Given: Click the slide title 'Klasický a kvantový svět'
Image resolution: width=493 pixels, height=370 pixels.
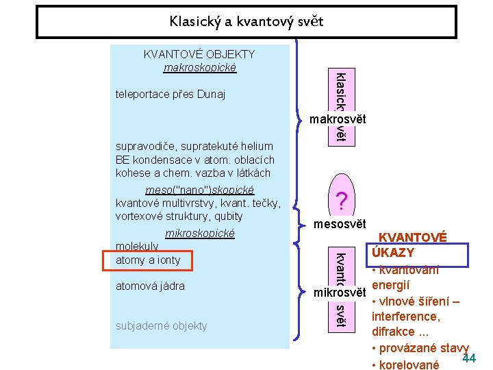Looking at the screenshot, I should pyautogui.click(x=246, y=22).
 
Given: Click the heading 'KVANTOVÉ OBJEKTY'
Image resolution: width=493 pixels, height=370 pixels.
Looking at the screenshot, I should pyautogui.click(x=199, y=54).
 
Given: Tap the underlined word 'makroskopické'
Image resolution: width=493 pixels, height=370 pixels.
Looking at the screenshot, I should pyautogui.click(x=199, y=67).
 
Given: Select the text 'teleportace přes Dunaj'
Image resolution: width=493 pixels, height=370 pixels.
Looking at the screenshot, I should pyautogui.click(x=170, y=94).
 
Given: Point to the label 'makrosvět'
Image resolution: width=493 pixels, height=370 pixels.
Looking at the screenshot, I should pyautogui.click(x=337, y=120).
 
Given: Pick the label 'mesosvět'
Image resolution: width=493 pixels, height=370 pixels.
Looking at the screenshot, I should pyautogui.click(x=340, y=224).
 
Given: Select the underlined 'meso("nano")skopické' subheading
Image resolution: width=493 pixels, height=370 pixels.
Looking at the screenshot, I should pyautogui.click(x=200, y=190).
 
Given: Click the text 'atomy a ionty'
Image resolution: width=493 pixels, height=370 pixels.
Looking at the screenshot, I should pyautogui.click(x=148, y=260).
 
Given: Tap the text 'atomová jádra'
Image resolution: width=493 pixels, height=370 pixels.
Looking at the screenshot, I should pyautogui.click(x=150, y=286).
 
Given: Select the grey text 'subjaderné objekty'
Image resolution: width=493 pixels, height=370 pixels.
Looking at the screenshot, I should pyautogui.click(x=161, y=325).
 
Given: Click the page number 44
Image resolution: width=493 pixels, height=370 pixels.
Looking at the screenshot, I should pyautogui.click(x=469, y=358).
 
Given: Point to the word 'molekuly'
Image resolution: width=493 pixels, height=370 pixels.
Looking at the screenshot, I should pyautogui.click(x=137, y=246).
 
